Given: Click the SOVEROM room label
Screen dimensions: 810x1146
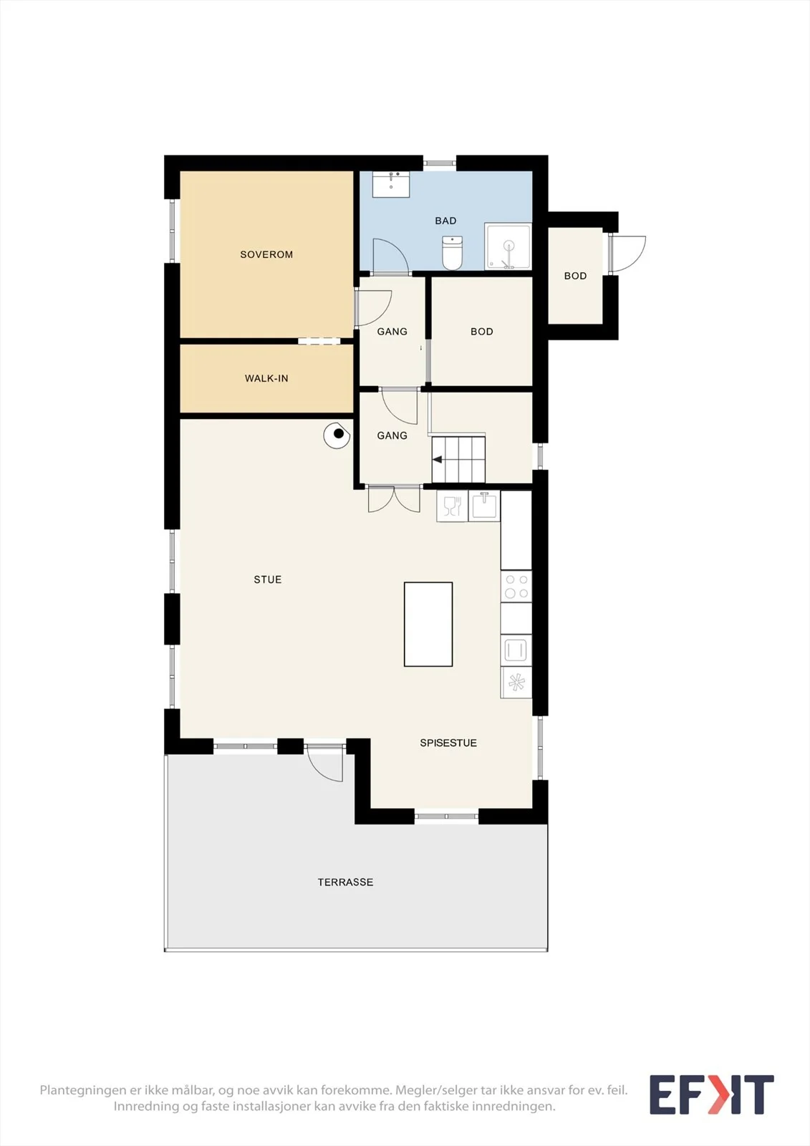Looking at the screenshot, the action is coord(266,254).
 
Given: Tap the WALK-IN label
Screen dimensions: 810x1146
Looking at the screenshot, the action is coord(266,379).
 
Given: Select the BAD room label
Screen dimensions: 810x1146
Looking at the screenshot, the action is coord(445,221).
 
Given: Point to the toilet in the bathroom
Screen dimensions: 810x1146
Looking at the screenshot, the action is coord(453,253).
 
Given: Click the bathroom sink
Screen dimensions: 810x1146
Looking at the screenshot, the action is coord(391,184).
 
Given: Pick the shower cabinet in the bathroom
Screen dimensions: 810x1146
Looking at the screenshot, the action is coord(508,246).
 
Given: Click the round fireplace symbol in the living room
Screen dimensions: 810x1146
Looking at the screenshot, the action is coord(337,435).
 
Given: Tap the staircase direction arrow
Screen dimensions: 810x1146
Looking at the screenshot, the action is coord(438,460).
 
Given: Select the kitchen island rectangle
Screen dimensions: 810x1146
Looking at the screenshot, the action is coord(428,624).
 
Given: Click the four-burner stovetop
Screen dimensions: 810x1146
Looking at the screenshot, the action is coord(516,587).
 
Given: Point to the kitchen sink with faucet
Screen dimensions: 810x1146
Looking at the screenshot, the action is coord(484,506).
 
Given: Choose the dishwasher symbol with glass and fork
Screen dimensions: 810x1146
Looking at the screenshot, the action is coord(453,506).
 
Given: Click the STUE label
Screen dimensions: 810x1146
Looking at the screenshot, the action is coord(268,579).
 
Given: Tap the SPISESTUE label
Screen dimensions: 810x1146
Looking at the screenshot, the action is coord(448,743).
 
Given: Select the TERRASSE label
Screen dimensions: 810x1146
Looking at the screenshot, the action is coord(345,882).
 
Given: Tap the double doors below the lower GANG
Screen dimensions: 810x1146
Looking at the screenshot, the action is coord(394,499).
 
